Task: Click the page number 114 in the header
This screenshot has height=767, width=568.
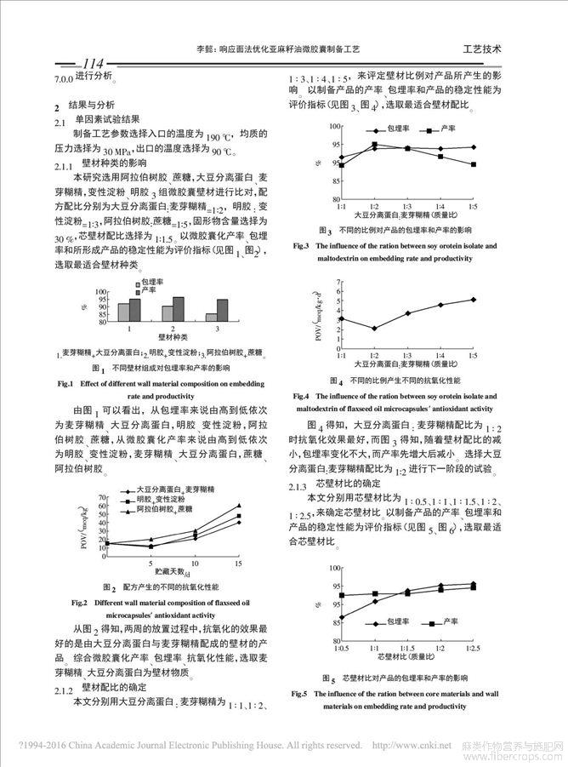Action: (x=88, y=63)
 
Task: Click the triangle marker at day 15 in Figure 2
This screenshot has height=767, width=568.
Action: (x=239, y=506)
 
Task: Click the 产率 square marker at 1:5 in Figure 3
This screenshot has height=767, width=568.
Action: (x=473, y=164)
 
